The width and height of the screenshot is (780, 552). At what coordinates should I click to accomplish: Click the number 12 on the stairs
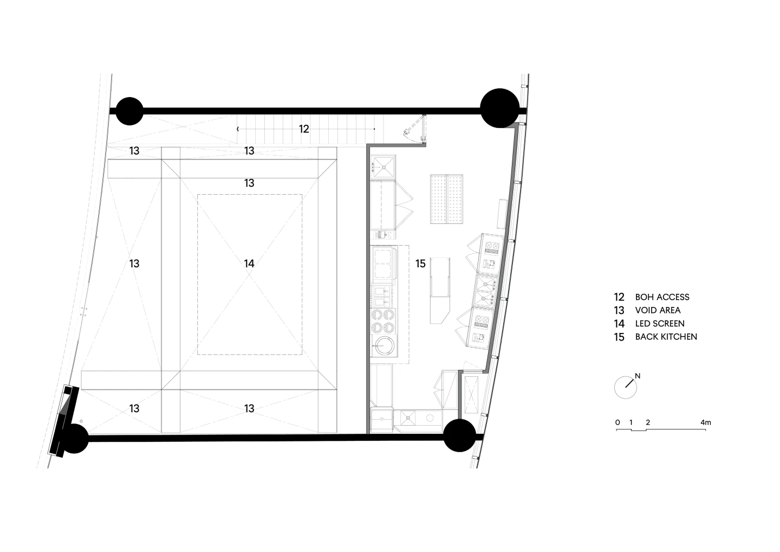pyautogui.click(x=304, y=129)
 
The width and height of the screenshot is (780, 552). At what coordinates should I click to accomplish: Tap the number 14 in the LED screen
pyautogui.click(x=249, y=264)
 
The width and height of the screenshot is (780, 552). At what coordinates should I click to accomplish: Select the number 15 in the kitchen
pyautogui.click(x=420, y=264)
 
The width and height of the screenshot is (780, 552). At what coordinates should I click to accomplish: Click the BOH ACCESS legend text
pyautogui.click(x=662, y=297)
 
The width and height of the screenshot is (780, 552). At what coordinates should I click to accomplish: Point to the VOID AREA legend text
pyautogui.click(x=658, y=310)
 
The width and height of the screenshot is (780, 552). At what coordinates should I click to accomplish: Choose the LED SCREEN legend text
pyautogui.click(x=660, y=323)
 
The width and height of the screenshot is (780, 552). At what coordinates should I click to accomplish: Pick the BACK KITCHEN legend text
pyautogui.click(x=666, y=337)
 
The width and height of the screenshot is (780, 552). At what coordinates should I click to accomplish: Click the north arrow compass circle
pyautogui.click(x=626, y=388)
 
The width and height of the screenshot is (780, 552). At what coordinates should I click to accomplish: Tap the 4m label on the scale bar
pyautogui.click(x=705, y=422)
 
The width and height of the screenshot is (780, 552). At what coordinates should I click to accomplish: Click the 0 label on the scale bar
pyautogui.click(x=617, y=422)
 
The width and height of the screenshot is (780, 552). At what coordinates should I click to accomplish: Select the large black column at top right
pyautogui.click(x=499, y=108)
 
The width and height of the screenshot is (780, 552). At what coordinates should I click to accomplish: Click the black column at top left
pyautogui.click(x=129, y=111)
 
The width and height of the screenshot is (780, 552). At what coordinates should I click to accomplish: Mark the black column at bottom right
pyautogui.click(x=460, y=435)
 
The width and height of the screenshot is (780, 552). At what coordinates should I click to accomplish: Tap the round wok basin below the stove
pyautogui.click(x=383, y=346)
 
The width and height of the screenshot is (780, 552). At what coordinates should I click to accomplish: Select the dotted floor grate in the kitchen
pyautogui.click(x=446, y=199)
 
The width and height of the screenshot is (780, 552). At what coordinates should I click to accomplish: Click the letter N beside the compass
pyautogui.click(x=638, y=376)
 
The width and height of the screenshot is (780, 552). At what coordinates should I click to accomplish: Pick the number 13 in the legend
pyautogui.click(x=619, y=311)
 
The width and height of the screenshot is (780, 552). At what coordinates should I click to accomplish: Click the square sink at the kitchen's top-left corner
pyautogui.click(x=383, y=167)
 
